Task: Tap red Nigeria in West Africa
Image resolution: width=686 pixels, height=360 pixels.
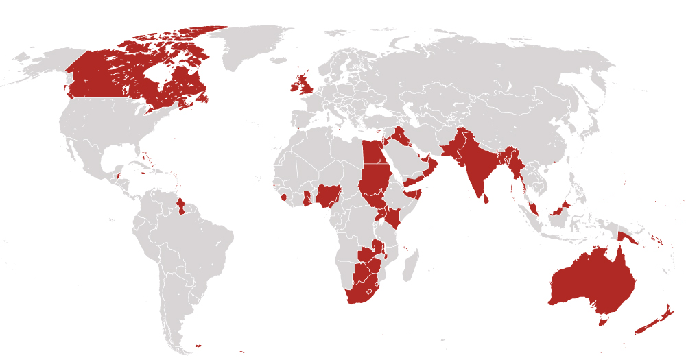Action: pos(329,195)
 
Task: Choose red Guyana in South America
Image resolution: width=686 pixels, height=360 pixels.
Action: pos(180,206)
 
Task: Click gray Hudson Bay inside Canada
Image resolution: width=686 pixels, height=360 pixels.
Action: pos(159,72)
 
